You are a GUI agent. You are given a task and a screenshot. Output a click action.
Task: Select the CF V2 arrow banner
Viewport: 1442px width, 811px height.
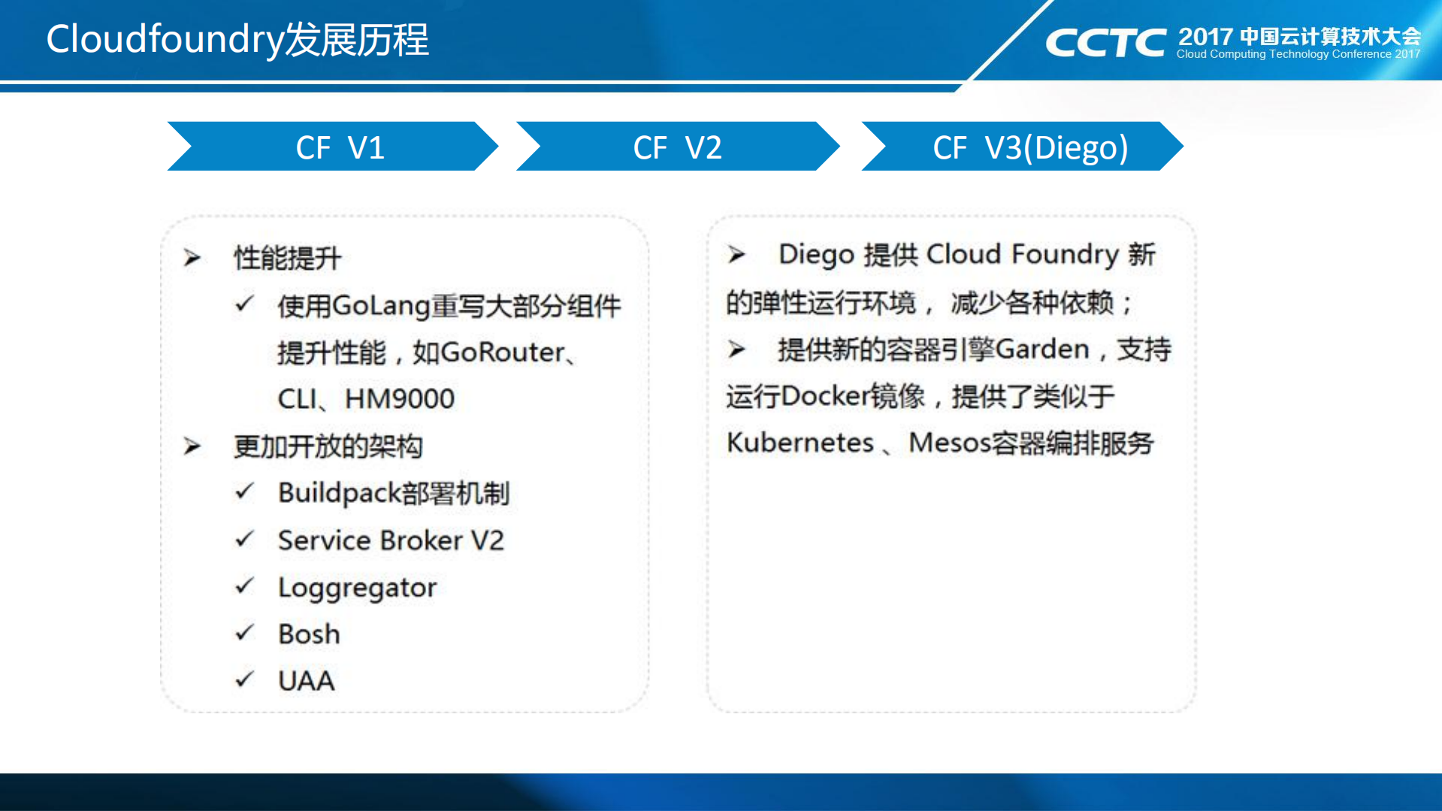[x=677, y=147]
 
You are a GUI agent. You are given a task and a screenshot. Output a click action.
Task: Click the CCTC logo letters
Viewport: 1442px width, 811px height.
[x=1105, y=43]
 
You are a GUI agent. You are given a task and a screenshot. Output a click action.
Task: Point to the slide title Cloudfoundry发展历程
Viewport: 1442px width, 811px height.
[x=237, y=39]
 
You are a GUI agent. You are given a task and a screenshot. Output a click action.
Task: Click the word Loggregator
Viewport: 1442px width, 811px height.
[x=357, y=587]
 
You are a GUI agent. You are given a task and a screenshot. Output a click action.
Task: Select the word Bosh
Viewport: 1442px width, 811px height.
[x=309, y=634]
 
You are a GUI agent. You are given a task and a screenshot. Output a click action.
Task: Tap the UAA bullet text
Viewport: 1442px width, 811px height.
[x=306, y=680]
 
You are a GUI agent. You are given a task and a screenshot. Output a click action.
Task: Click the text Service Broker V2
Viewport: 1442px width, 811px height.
[x=391, y=540]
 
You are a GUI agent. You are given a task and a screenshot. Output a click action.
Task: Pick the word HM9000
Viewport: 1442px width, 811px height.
[x=400, y=398]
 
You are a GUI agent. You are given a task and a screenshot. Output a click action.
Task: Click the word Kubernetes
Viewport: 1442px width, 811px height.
[x=800, y=442]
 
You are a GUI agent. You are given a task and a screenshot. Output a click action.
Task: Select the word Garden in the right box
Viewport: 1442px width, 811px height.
[x=1042, y=349]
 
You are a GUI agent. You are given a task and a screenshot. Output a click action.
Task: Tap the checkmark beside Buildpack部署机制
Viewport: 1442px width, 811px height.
[x=244, y=492]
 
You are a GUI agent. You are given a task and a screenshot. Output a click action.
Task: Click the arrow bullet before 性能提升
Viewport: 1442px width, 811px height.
[x=192, y=258]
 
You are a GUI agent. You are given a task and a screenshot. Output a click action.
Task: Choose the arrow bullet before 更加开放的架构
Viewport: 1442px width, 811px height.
[x=192, y=446]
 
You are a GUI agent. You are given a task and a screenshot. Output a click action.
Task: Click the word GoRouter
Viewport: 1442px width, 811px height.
[x=502, y=352]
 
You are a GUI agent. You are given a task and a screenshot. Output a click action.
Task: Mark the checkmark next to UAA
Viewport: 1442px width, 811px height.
[x=244, y=679]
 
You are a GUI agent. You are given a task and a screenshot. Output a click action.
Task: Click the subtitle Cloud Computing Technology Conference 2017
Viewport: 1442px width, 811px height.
[x=1298, y=54]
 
